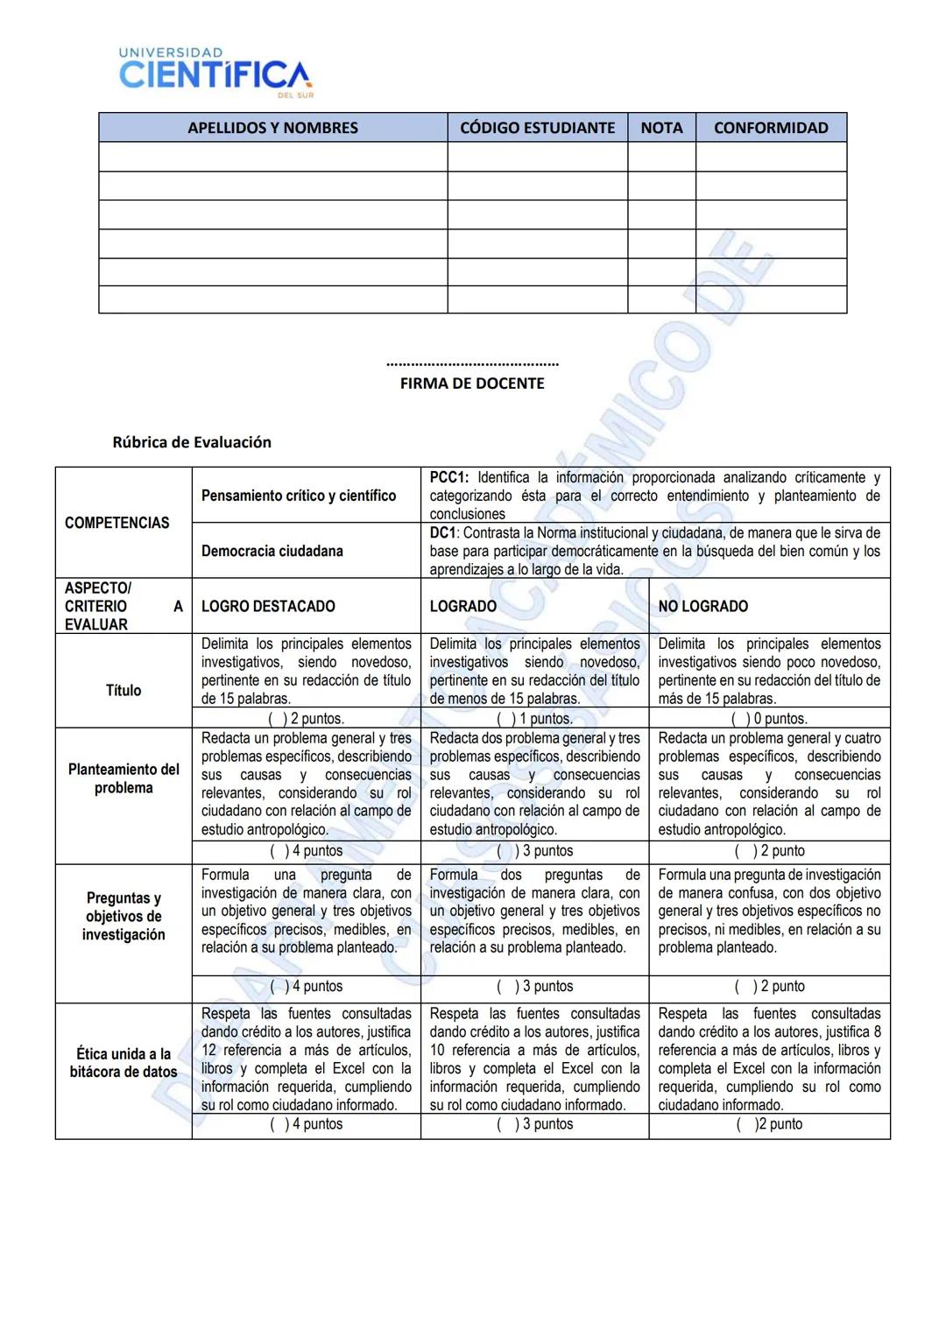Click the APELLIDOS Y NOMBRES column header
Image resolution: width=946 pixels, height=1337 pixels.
pyautogui.click(x=272, y=128)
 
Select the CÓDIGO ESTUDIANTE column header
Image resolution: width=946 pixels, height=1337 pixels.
pyautogui.click(x=537, y=128)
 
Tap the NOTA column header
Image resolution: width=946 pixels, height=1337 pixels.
pyautogui.click(x=661, y=128)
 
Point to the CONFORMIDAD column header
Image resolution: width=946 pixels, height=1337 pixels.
pyautogui.click(x=771, y=128)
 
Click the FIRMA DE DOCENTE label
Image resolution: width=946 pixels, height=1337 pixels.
pyautogui.click(x=472, y=384)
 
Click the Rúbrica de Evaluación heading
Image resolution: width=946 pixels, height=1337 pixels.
pyautogui.click(x=192, y=442)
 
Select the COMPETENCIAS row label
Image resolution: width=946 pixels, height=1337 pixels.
pyautogui.click(x=117, y=523)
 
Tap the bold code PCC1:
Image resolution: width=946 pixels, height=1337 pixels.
pyautogui.click(x=449, y=478)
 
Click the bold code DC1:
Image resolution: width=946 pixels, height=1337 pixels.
pyautogui.click(x=444, y=533)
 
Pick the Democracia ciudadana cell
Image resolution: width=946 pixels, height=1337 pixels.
pyautogui.click(x=272, y=551)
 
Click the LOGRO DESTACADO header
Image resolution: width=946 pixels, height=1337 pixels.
pyautogui.click(x=268, y=606)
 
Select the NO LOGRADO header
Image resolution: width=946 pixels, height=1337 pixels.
pyautogui.click(x=703, y=606)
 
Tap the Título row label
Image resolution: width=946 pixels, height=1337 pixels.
pyautogui.click(x=124, y=690)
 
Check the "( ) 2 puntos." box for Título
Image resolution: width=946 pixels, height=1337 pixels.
pyautogui.click(x=306, y=719)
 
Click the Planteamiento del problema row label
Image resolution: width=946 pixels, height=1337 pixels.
pyautogui.click(x=124, y=778)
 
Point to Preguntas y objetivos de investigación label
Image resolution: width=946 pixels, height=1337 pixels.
pyautogui.click(x=124, y=916)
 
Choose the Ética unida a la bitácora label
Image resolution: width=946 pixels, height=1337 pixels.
pyautogui.click(x=124, y=1063)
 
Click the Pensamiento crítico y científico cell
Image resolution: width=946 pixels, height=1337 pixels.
pyautogui.click(x=299, y=496)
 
